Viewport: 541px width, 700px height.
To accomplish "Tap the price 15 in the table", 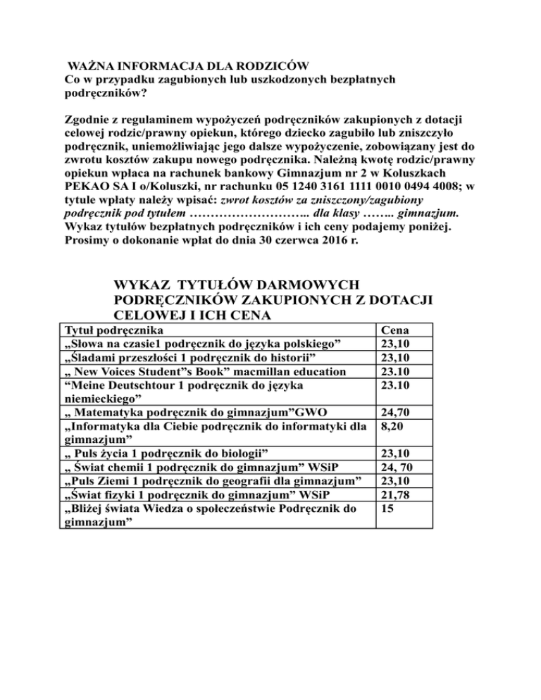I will point(386,507).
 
